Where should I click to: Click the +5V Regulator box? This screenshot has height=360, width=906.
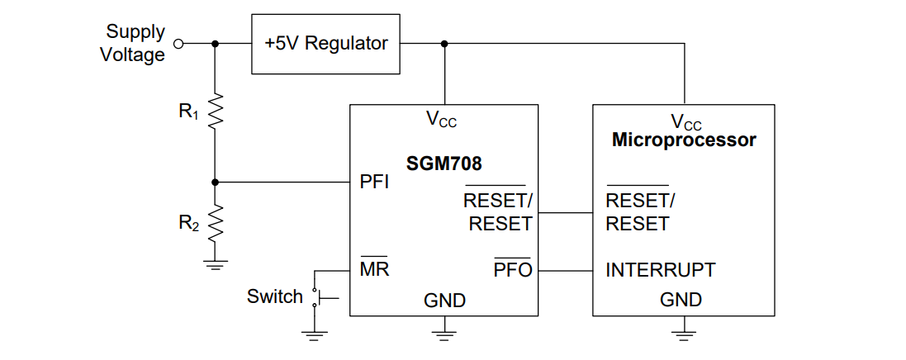[325, 44]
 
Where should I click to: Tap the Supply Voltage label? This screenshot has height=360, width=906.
[134, 44]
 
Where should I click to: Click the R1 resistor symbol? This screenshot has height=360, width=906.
[216, 112]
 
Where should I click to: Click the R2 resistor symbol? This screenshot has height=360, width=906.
[216, 221]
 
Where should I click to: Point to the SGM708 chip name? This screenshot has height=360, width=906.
[444, 163]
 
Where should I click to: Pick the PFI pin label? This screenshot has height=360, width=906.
[374, 182]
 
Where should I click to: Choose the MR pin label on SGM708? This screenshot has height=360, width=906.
[374, 269]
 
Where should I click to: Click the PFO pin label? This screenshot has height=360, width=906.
[513, 269]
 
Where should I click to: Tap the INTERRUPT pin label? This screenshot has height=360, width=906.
[660, 269]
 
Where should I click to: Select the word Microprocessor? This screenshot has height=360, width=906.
[683, 140]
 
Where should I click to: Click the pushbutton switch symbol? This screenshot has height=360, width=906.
[317, 297]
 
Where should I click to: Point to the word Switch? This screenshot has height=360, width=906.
[274, 296]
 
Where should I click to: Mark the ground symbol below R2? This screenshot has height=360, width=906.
[216, 264]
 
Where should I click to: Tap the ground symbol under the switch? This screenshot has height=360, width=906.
[314, 334]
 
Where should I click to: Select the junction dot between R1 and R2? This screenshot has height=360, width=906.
[216, 182]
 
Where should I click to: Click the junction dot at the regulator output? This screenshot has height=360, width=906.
[445, 44]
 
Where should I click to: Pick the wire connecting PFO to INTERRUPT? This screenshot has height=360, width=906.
[565, 270]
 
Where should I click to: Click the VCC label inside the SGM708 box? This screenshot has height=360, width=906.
[442, 120]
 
